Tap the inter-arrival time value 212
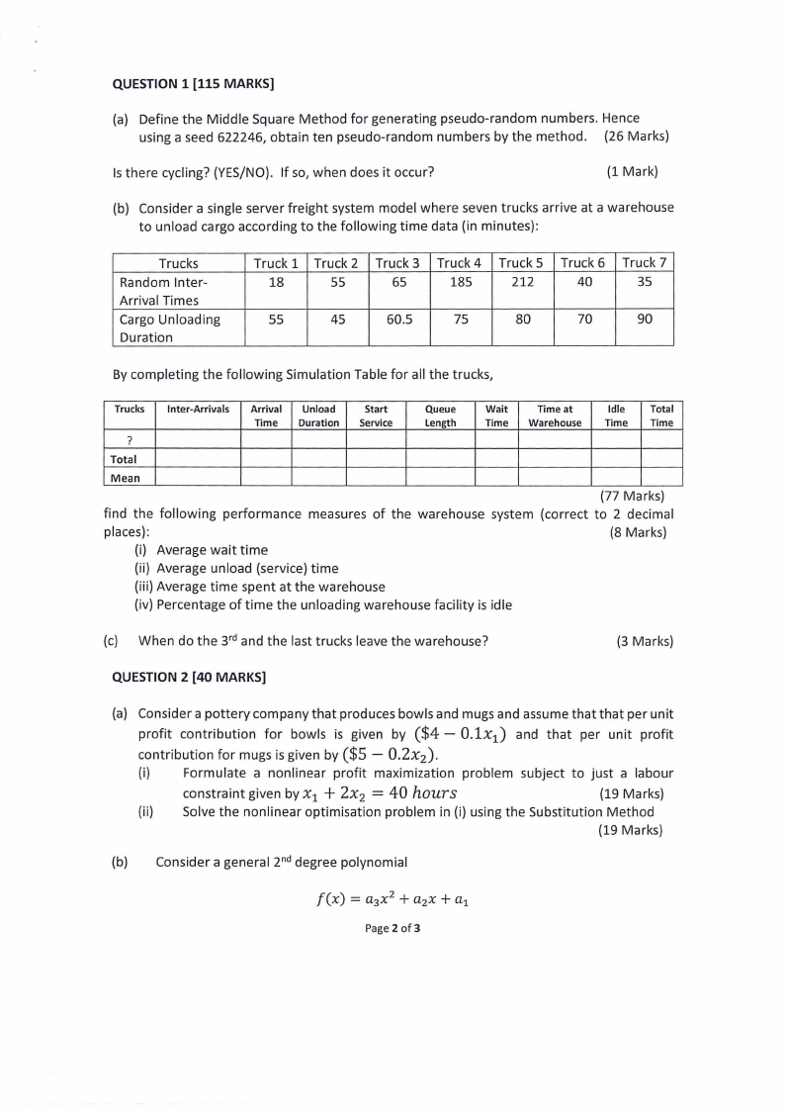click(523, 282)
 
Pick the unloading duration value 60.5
click(398, 320)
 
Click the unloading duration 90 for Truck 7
click(645, 320)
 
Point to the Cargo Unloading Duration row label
click(169, 327)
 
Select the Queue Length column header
click(440, 416)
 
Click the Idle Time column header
click(616, 416)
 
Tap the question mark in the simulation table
click(130, 440)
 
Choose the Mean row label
click(125, 478)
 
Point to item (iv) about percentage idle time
click(323, 604)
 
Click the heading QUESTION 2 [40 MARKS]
click(189, 678)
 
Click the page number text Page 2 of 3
click(392, 929)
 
